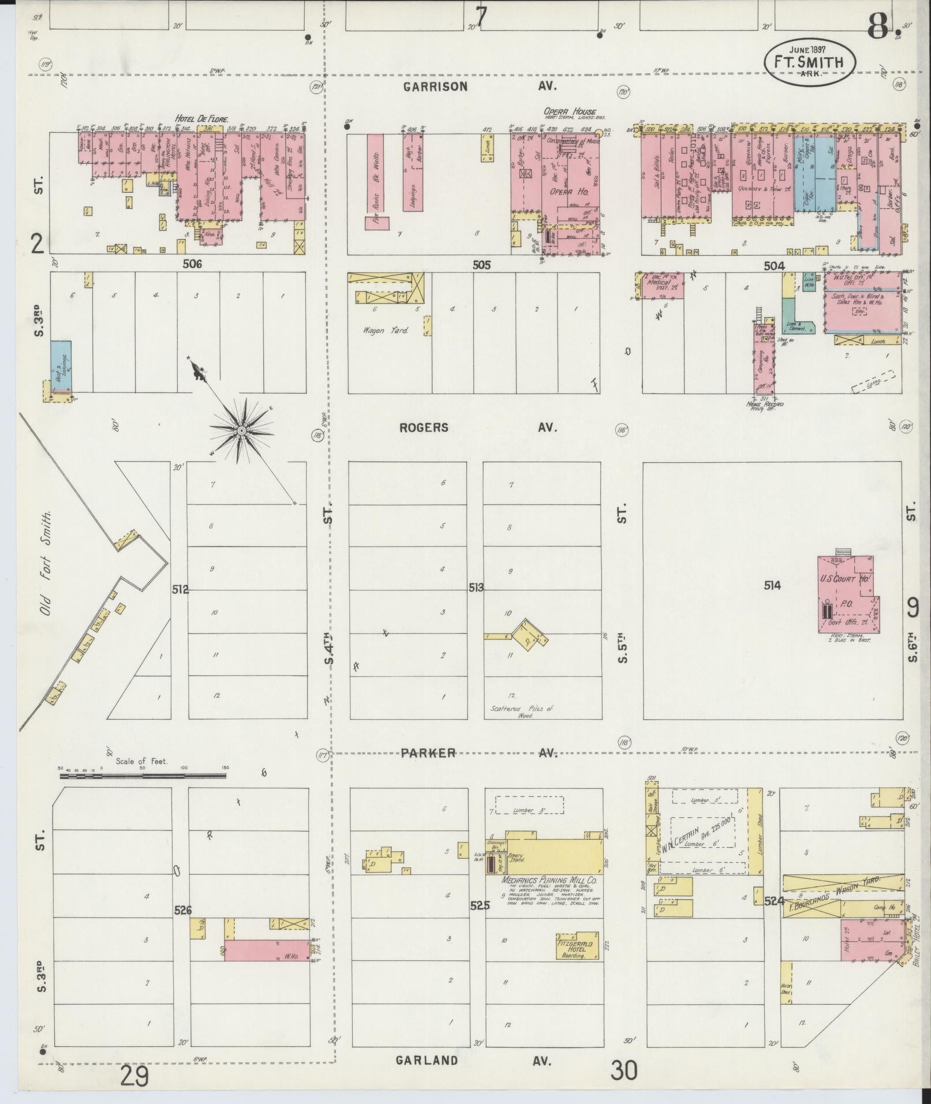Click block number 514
[x=772, y=586]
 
